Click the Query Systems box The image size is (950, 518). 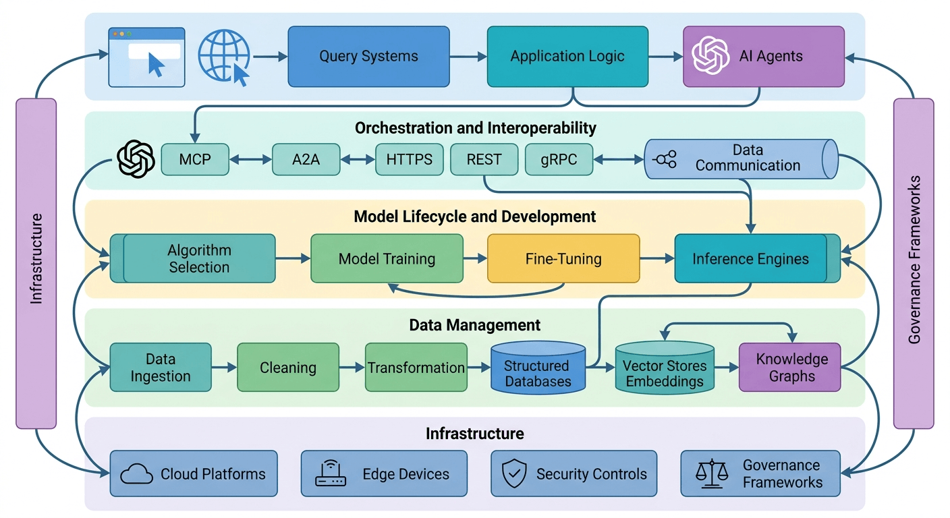click(x=368, y=57)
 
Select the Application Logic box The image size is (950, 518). click(x=567, y=57)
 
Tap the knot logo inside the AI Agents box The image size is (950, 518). click(x=711, y=56)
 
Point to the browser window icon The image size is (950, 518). click(x=147, y=57)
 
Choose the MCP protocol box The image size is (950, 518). click(x=195, y=160)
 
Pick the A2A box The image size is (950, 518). click(x=306, y=160)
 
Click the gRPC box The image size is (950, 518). click(x=559, y=160)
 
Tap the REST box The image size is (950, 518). click(x=484, y=160)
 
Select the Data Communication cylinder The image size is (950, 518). click(x=741, y=159)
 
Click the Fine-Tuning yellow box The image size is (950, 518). click(x=563, y=258)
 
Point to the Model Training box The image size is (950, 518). click(x=387, y=258)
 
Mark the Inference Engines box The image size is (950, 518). click(x=750, y=258)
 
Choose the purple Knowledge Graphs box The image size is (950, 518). click(x=790, y=368)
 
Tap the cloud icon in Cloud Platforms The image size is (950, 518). click(x=137, y=474)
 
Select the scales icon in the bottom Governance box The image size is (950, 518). click(x=711, y=473)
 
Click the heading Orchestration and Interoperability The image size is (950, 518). click(x=475, y=127)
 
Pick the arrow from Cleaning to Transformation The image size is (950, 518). click(x=352, y=368)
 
